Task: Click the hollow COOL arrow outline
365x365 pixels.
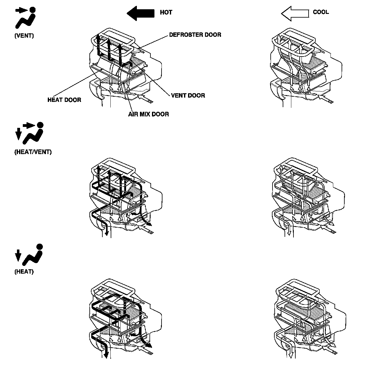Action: (x=295, y=14)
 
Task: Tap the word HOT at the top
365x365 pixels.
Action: (x=166, y=12)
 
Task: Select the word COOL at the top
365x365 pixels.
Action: (x=321, y=12)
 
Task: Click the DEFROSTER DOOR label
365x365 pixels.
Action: (x=195, y=35)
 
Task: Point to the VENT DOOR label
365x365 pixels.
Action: (x=188, y=95)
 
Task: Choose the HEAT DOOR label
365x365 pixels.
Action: (x=64, y=100)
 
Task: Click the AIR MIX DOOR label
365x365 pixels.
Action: (x=149, y=114)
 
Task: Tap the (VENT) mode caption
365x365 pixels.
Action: (x=24, y=36)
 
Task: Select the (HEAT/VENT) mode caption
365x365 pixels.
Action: (x=33, y=152)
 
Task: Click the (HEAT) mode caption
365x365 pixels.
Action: (x=24, y=272)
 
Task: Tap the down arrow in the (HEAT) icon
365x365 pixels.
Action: (x=18, y=255)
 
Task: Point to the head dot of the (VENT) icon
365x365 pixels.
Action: (x=33, y=10)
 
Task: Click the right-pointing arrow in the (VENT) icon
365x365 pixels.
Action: (x=22, y=10)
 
